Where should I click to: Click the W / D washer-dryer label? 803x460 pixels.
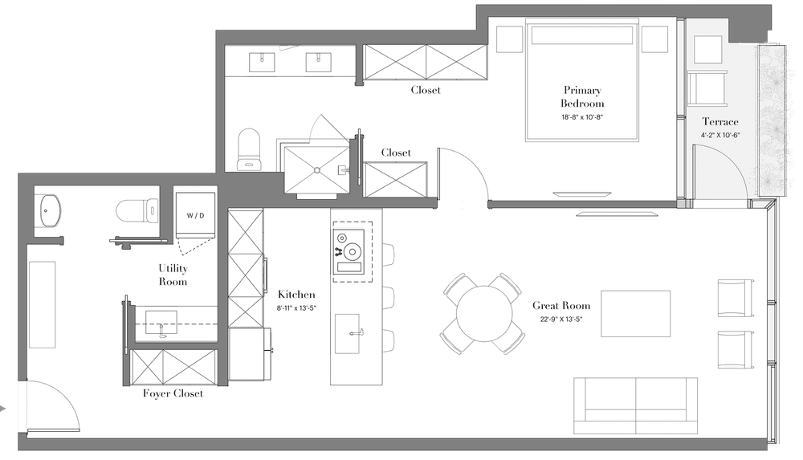click(x=195, y=216)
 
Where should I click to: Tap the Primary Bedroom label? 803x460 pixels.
click(x=581, y=97)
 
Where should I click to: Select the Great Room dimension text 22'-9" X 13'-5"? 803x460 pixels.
click(x=561, y=320)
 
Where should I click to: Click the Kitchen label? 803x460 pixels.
click(x=296, y=295)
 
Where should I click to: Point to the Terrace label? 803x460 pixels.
click(x=720, y=122)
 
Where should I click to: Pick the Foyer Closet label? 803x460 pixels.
click(x=173, y=393)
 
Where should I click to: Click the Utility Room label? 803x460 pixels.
click(x=173, y=275)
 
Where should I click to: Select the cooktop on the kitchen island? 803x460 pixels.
click(x=349, y=251)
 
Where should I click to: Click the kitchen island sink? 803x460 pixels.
click(x=347, y=333)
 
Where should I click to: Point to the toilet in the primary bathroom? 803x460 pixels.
click(x=250, y=149)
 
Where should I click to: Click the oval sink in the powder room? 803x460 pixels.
click(x=50, y=210)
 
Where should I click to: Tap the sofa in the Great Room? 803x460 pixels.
click(x=635, y=406)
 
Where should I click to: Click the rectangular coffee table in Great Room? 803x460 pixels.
click(x=635, y=314)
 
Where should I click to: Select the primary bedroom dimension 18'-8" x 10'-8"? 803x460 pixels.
click(x=581, y=117)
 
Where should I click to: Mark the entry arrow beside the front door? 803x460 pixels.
click(x=2, y=409)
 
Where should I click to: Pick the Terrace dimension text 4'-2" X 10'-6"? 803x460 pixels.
click(x=720, y=136)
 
